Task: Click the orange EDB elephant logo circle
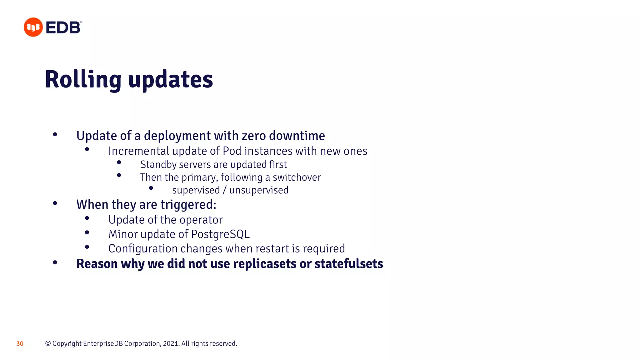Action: click(x=33, y=27)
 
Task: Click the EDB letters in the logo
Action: click(x=63, y=27)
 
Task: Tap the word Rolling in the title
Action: click(x=83, y=80)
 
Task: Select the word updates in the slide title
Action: click(x=171, y=80)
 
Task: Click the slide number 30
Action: click(x=20, y=344)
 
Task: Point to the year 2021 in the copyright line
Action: click(x=171, y=343)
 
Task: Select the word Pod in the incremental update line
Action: click(x=232, y=151)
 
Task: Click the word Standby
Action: click(x=158, y=165)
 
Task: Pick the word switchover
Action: click(x=297, y=177)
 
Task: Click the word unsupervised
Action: click(x=259, y=190)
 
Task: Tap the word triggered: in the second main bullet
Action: click(x=188, y=205)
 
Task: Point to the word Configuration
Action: click(x=143, y=248)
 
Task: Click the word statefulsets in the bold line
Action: click(x=349, y=264)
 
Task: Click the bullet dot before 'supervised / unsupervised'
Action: click(x=151, y=188)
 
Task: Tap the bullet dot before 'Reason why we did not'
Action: click(x=55, y=262)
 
